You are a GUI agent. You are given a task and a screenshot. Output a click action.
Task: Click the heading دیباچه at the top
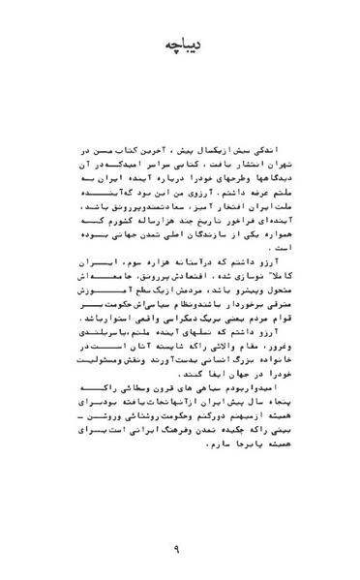180,46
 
